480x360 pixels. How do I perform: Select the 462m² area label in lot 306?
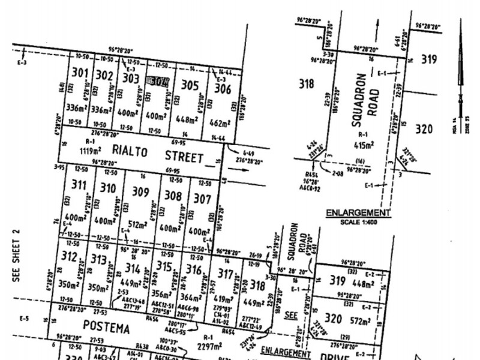(x=220, y=124)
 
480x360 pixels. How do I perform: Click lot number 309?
(x=140, y=192)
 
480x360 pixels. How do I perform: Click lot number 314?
(x=133, y=268)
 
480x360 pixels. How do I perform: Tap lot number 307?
(x=203, y=198)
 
